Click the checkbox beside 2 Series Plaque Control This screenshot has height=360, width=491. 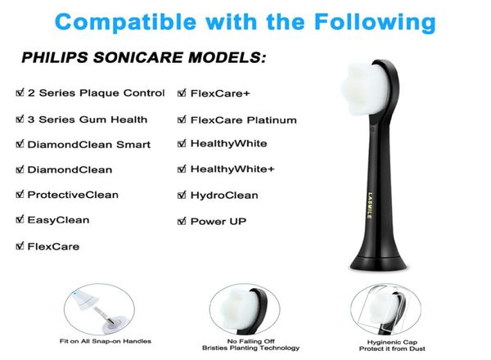tap(20, 93)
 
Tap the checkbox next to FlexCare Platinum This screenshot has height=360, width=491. tap(182, 120)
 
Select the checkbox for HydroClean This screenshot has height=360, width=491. tap(182, 196)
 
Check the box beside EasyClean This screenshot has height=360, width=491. tap(20, 220)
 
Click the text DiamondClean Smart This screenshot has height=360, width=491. tap(88, 145)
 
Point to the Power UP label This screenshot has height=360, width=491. tap(218, 221)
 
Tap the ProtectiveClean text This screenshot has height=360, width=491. tap(73, 195)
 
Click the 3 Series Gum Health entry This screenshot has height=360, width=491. tap(87, 119)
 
